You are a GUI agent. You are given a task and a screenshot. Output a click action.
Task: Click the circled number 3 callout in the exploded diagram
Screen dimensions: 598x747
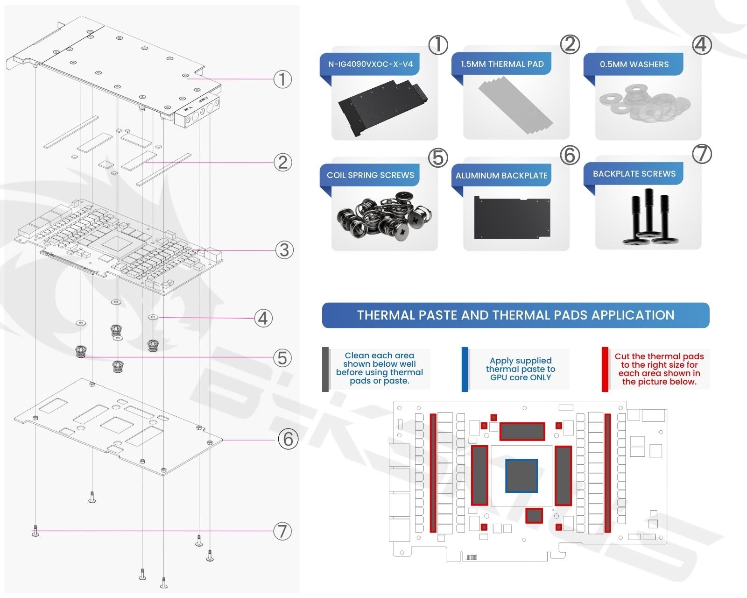(284, 250)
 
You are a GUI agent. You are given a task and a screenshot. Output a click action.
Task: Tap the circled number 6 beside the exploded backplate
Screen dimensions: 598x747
(288, 439)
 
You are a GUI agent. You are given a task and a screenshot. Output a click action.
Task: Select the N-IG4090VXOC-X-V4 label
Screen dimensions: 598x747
(370, 64)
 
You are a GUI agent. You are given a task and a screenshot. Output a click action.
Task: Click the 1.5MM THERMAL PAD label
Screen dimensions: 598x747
(502, 64)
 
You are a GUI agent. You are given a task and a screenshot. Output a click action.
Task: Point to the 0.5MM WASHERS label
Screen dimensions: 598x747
(634, 64)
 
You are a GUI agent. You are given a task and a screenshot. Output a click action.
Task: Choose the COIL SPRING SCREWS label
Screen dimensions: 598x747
(370, 175)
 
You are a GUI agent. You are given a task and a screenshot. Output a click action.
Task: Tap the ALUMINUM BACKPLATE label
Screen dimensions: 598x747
(501, 176)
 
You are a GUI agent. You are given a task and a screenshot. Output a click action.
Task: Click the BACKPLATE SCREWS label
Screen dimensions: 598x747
(634, 174)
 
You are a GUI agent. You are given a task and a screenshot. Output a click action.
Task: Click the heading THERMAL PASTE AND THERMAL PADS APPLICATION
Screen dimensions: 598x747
(515, 315)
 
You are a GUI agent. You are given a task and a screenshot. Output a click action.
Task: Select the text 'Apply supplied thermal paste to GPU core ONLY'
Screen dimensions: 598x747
(520, 369)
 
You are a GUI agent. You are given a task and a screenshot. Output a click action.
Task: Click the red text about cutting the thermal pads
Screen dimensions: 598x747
(659, 369)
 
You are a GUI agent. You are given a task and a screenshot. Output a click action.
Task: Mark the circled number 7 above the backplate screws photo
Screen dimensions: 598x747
(702, 154)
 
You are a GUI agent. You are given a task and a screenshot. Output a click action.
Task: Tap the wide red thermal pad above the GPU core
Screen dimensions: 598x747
(522, 431)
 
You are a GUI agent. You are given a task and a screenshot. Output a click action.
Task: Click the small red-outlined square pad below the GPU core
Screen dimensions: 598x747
(534, 516)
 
